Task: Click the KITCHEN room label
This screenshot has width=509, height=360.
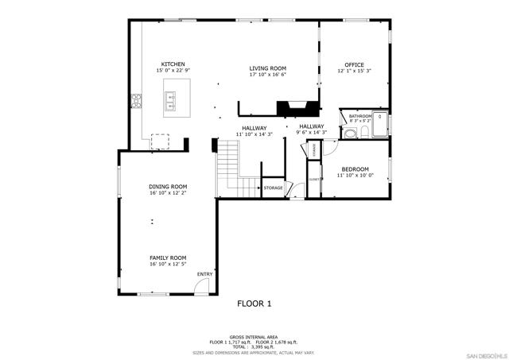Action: (173, 64)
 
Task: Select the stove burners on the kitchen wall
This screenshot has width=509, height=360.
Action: (136, 100)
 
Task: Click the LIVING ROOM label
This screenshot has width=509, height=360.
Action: (268, 68)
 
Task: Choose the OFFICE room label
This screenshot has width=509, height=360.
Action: (354, 64)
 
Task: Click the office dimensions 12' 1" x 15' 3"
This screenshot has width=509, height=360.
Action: (354, 72)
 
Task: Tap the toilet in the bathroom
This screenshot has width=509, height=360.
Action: (363, 132)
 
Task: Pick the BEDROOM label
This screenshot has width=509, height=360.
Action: (355, 168)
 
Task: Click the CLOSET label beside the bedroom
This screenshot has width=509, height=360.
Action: (315, 180)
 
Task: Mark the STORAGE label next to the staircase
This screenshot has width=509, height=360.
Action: (273, 188)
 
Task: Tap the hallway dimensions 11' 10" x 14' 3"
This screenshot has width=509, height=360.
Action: (254, 134)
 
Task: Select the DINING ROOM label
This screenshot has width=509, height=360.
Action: (167, 186)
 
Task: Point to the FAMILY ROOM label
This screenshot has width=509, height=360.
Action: (167, 257)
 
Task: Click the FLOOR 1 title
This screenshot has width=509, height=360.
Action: (254, 304)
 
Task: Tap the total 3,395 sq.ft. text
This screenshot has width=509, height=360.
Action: (254, 346)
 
